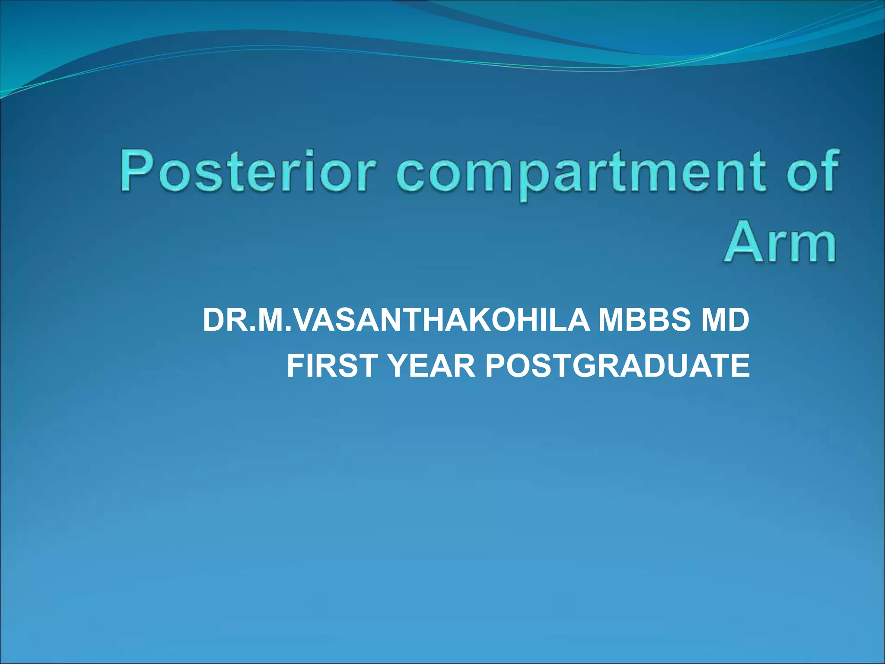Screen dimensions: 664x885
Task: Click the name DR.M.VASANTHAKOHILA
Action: point(395,320)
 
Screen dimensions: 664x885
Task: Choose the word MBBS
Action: point(644,320)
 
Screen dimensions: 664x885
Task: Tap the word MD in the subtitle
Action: point(725,320)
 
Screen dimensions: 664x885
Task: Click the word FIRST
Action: point(333,365)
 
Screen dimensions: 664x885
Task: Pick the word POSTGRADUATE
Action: point(617,365)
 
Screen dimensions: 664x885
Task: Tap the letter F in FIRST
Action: point(297,365)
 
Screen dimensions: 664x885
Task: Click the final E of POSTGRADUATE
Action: point(740,365)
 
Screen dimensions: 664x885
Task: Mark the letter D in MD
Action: point(737,320)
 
